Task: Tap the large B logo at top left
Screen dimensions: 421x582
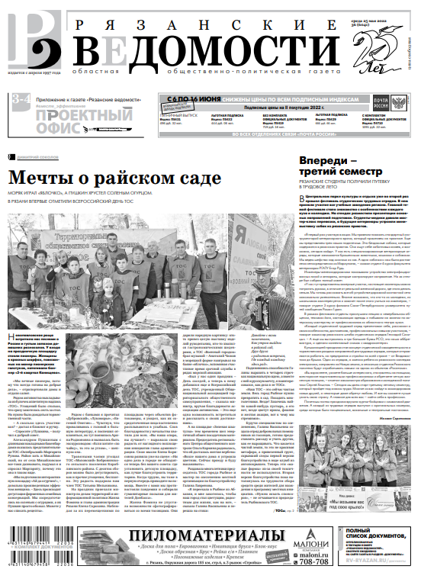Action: (x=31, y=39)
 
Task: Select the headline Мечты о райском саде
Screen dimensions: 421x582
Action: (x=114, y=178)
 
